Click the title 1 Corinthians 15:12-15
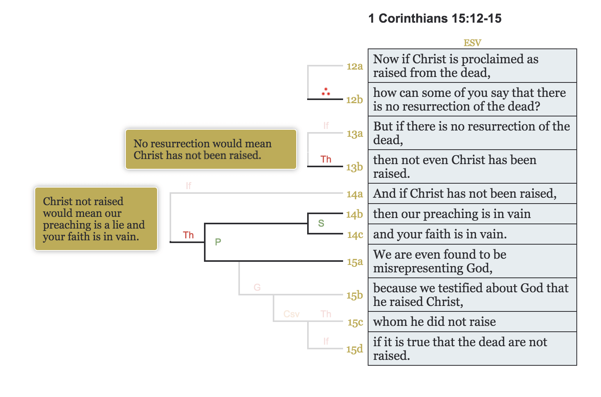tap(435, 18)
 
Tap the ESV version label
tap(472, 43)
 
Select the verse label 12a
tap(354, 66)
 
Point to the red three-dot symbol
tap(326, 92)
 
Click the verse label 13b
tap(354, 167)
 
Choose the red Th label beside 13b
tap(326, 159)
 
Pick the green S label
tap(321, 223)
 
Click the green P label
tap(218, 242)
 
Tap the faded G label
tap(257, 288)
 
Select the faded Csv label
tap(292, 314)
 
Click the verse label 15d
tap(354, 349)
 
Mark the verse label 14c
tap(355, 235)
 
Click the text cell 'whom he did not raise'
tap(472, 322)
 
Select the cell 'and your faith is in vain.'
tap(472, 234)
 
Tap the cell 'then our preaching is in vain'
tap(472, 214)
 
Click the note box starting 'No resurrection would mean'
tap(211, 149)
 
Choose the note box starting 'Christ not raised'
tap(96, 219)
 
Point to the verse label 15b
tap(354, 295)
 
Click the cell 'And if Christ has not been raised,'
tap(472, 193)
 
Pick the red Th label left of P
tap(188, 235)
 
